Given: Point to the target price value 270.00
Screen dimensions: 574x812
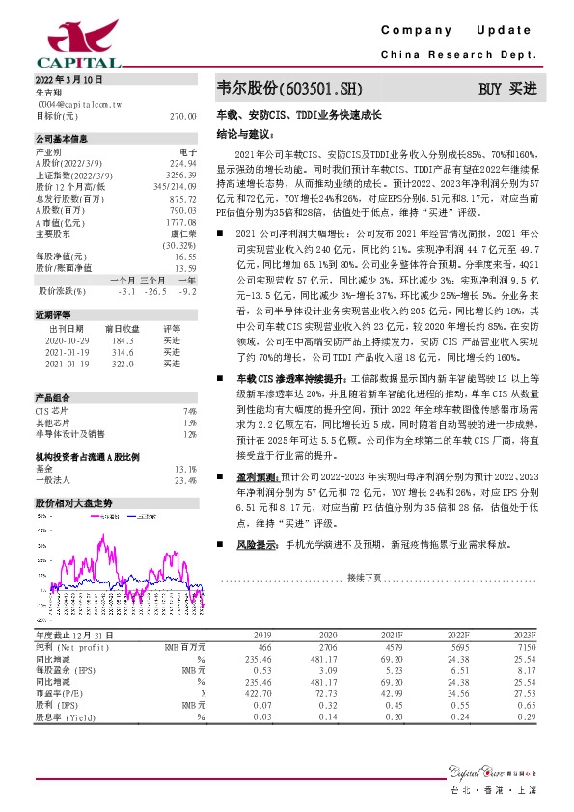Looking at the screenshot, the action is tap(182, 115).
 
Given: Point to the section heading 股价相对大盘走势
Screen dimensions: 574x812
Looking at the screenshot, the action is tap(74, 503).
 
